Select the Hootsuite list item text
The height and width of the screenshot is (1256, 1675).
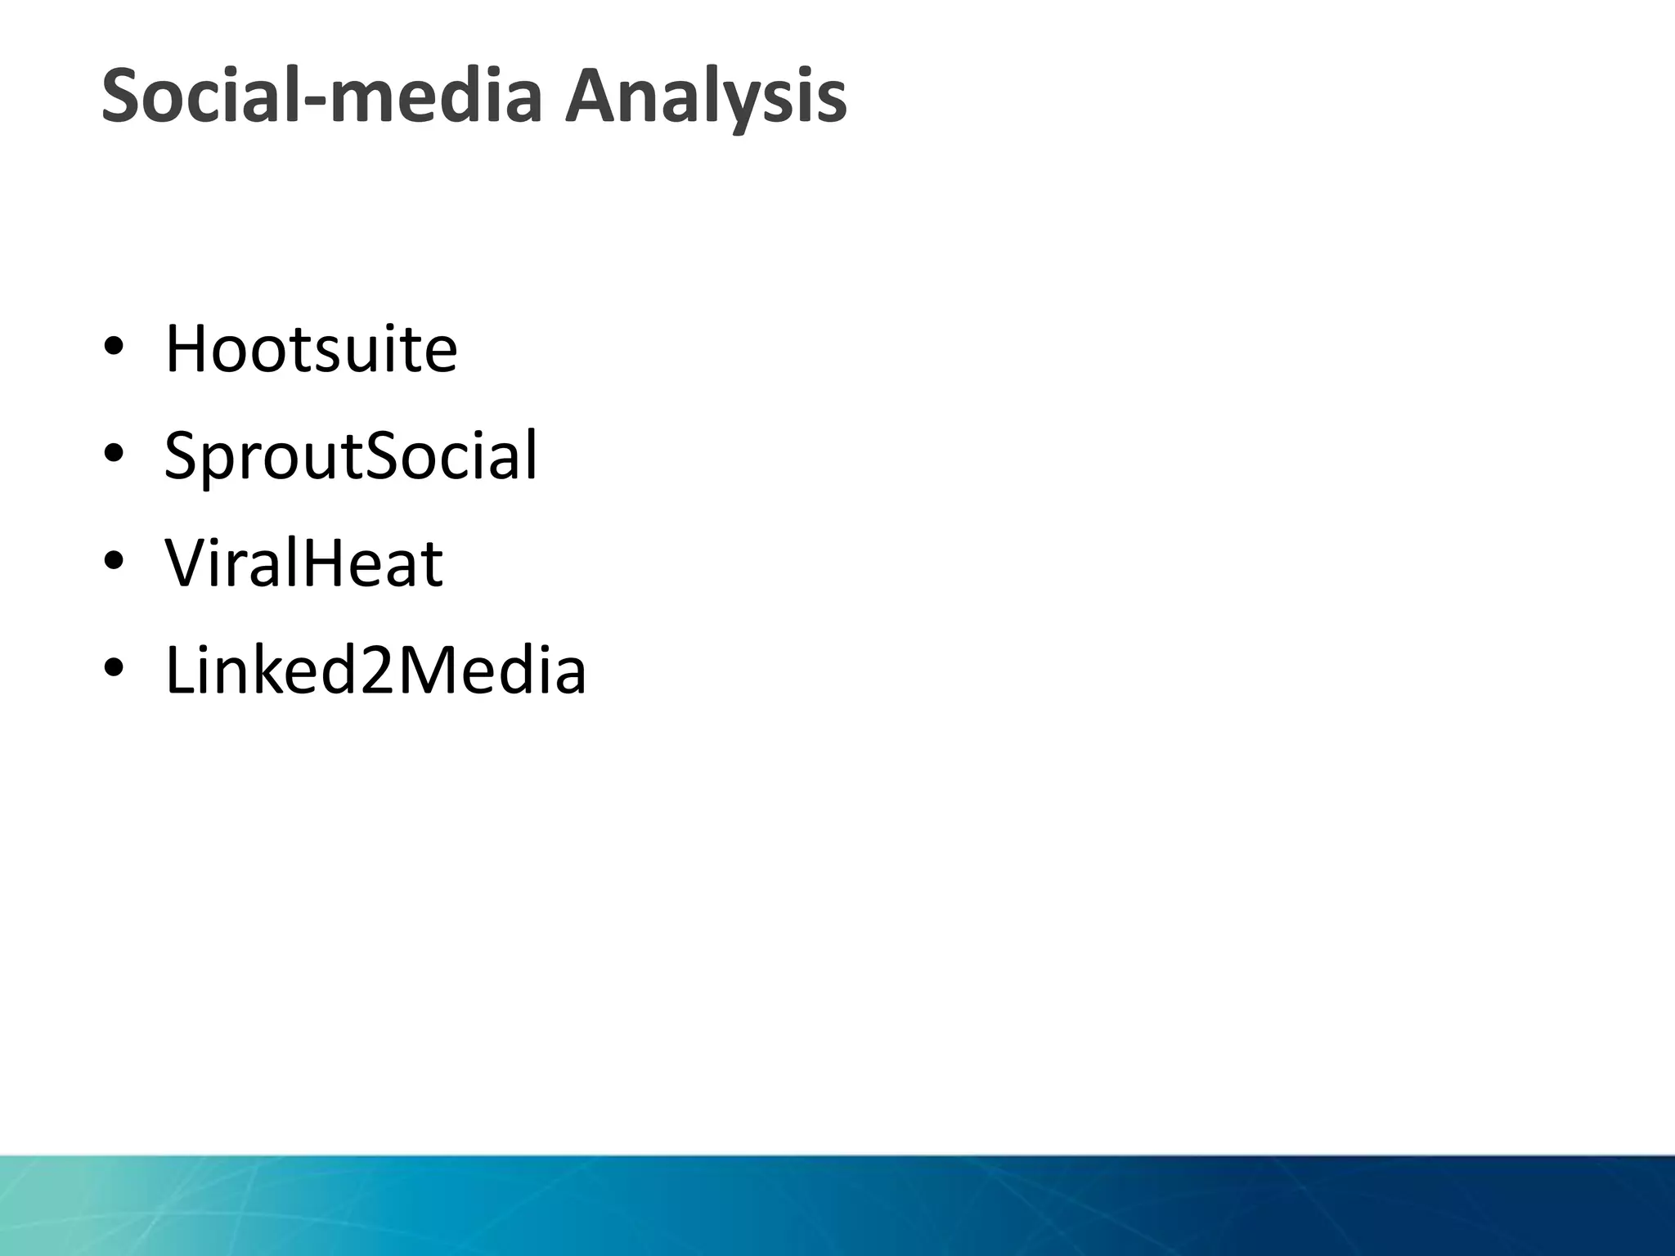(311, 349)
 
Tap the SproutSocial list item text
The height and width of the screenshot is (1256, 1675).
(351, 455)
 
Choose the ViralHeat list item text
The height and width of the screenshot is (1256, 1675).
(303, 563)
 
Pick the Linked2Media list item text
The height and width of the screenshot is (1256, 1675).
(375, 671)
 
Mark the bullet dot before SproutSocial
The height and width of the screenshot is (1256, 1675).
(114, 453)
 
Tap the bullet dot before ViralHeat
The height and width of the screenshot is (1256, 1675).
(114, 561)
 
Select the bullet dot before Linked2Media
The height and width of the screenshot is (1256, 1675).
(114, 668)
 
